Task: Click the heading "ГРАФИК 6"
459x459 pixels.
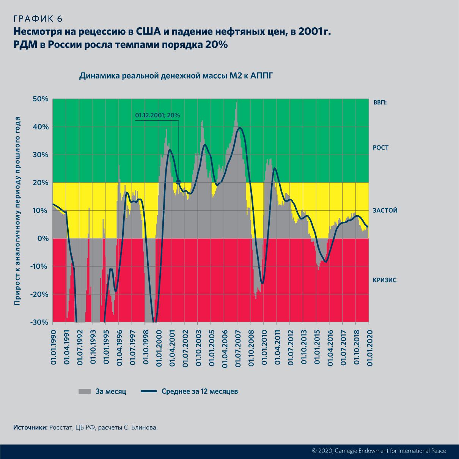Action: click(38, 19)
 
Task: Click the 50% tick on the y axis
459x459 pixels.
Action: click(40, 99)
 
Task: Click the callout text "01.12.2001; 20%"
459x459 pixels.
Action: click(157, 115)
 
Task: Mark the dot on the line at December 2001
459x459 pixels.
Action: click(178, 182)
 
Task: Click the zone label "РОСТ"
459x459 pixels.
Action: click(380, 147)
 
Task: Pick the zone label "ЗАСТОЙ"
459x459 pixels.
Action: click(385, 210)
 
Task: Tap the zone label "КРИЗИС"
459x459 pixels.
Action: click(384, 280)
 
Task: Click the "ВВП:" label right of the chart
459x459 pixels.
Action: click(379, 102)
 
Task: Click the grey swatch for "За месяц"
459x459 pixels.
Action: click(85, 391)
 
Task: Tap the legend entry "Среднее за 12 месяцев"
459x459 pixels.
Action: click(200, 391)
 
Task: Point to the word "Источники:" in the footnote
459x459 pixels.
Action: click(30, 427)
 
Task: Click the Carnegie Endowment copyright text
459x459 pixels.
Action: click(379, 451)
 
